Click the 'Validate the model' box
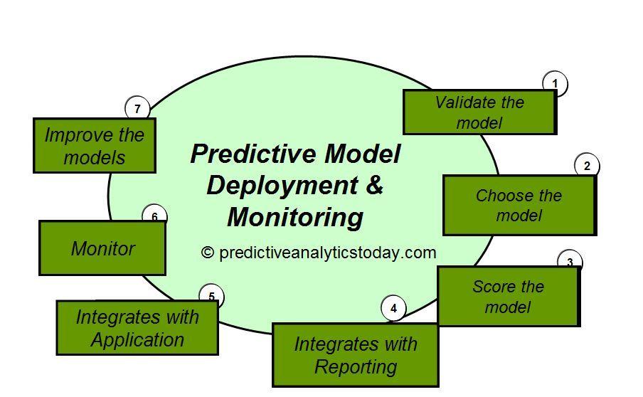(x=479, y=112)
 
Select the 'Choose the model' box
(x=519, y=205)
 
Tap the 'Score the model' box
(x=508, y=297)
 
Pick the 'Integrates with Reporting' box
(x=355, y=355)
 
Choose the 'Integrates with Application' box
(x=137, y=328)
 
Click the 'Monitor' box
(x=102, y=248)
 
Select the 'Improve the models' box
(x=94, y=146)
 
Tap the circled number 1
(x=555, y=85)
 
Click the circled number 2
(x=587, y=166)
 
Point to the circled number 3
(x=570, y=261)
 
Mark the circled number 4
(x=393, y=309)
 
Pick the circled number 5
(x=211, y=297)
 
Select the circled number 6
(x=154, y=216)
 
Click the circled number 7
(x=137, y=109)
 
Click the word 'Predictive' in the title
(x=245, y=154)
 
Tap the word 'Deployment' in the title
(x=282, y=185)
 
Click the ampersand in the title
(x=375, y=185)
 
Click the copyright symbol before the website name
(x=208, y=253)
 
